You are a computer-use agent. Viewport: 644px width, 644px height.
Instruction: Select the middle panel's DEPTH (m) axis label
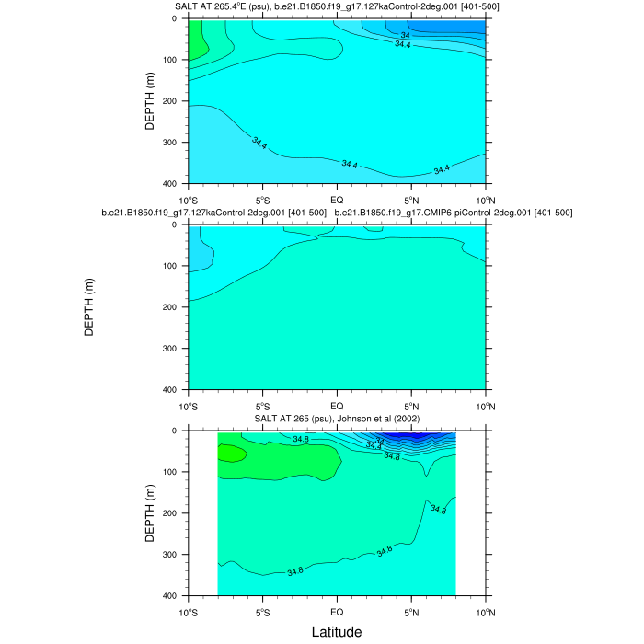click(89, 306)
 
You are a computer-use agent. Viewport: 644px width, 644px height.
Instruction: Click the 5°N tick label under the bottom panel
click(411, 611)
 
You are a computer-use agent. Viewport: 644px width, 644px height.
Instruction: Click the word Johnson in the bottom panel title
click(355, 420)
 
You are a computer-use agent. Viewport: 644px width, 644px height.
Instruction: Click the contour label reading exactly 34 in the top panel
click(405, 35)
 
